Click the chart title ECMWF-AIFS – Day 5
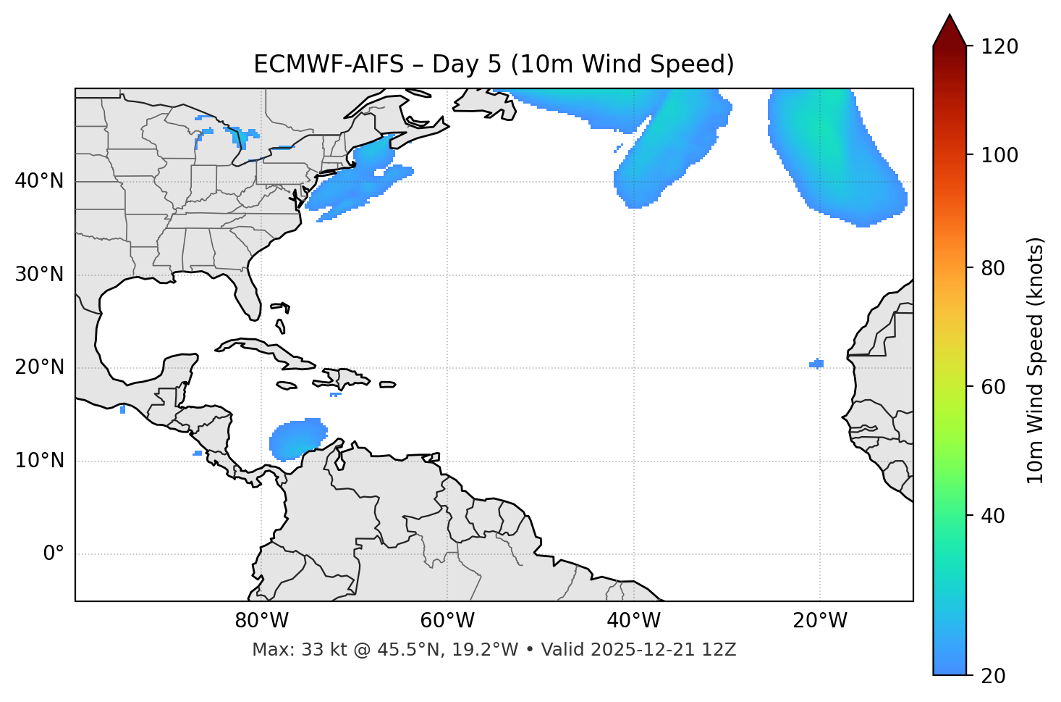[494, 64]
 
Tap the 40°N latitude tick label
[39, 181]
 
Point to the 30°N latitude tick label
[39, 275]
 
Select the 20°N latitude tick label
[39, 367]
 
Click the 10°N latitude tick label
[39, 461]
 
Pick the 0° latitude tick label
[54, 554]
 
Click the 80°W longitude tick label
[261, 621]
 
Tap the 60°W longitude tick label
[447, 621]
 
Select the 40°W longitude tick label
[633, 621]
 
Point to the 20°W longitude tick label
[820, 621]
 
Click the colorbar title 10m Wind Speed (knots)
[1036, 361]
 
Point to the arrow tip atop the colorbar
[950, 16]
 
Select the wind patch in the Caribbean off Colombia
[295, 438]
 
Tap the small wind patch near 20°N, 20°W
[816, 364]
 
